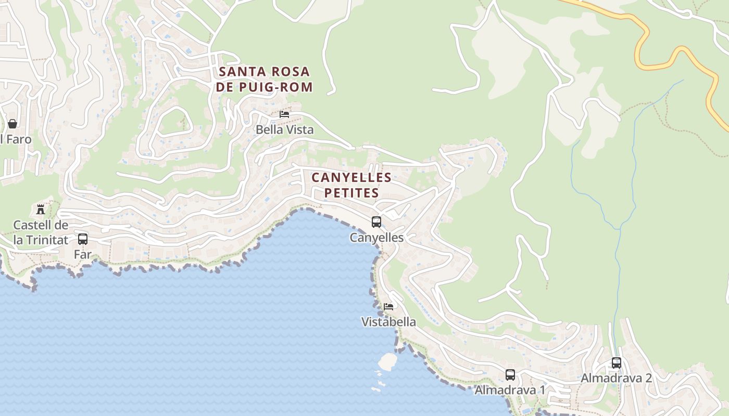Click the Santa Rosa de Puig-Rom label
[264, 79]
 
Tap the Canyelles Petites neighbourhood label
[351, 185]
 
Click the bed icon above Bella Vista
[284, 114]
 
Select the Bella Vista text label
[284, 129]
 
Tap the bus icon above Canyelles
[376, 222]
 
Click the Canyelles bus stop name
[376, 238]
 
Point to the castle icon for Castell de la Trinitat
[41, 210]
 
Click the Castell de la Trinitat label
[41, 232]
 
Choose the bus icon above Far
[83, 239]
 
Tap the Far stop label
[83, 255]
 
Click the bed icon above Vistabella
[388, 306]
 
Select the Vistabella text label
[388, 322]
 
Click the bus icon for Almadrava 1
[510, 374]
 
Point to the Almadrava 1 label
[510, 390]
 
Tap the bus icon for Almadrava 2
[617, 362]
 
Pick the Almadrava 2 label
[617, 378]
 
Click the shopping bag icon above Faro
[12, 124]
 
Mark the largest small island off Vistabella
[387, 361]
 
